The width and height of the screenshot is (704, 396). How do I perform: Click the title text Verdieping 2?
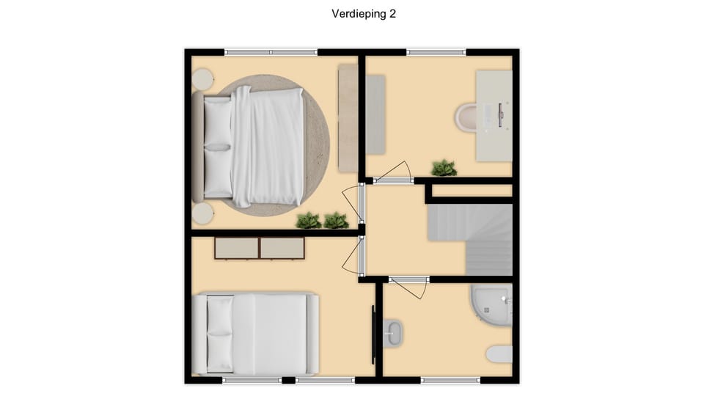364,13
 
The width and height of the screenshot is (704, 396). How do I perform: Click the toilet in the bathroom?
500,354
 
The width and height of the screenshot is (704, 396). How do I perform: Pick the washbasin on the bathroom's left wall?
393,332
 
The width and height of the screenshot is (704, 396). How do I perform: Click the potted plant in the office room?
444,168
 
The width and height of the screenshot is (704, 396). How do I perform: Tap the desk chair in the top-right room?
466,116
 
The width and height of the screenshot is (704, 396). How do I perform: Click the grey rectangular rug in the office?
375,114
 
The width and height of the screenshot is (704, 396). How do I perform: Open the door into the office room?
393,172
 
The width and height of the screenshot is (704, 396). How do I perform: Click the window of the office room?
436,52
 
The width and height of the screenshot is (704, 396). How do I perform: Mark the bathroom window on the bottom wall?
451,380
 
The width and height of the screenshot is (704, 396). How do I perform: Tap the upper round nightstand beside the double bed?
202,79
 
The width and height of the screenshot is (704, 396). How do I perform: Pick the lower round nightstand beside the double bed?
202,213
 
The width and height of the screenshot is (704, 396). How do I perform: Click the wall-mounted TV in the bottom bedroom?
375,333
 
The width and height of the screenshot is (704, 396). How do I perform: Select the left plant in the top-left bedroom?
309,219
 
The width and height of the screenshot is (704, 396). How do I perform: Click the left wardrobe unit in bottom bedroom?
236,248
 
